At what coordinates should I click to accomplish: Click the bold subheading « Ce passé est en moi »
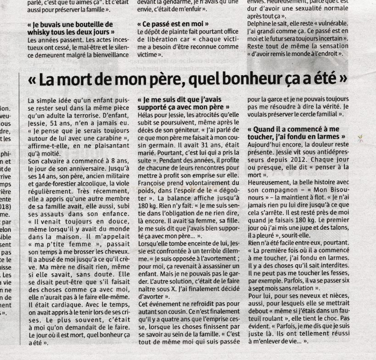coord(174,23)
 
